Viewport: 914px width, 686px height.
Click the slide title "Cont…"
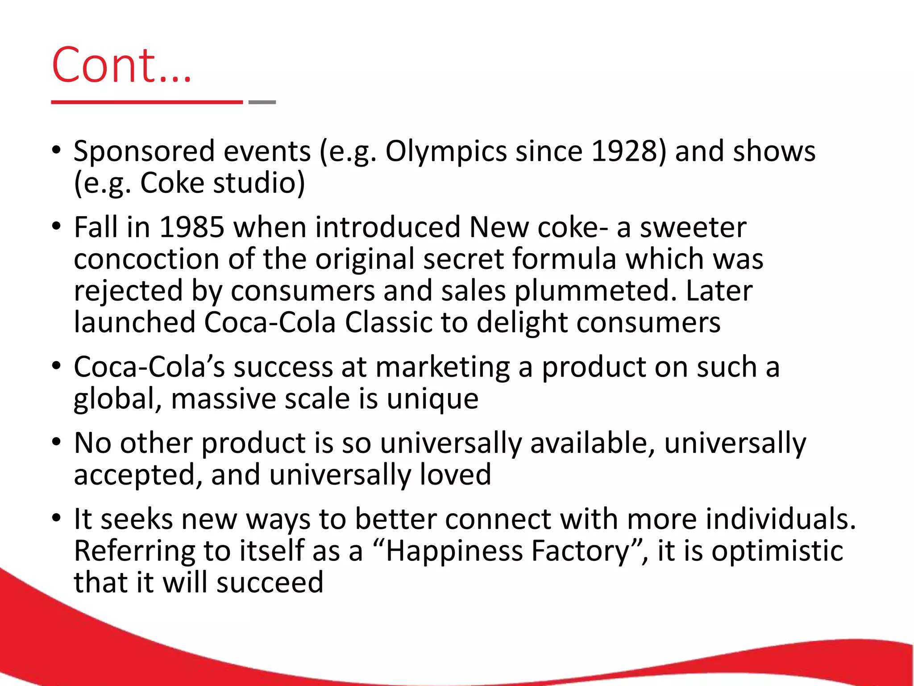coord(121,65)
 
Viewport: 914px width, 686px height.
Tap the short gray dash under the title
coord(262,102)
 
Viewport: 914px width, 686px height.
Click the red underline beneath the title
coord(147,102)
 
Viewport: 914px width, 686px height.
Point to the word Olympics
coord(446,152)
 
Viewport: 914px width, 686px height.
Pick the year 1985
coord(192,227)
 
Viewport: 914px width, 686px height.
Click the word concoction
coord(146,259)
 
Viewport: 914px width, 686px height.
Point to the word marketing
coord(442,368)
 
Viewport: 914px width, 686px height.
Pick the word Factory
coord(586,552)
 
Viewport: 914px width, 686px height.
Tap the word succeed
coord(270,582)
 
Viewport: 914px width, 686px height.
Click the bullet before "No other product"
coord(56,442)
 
